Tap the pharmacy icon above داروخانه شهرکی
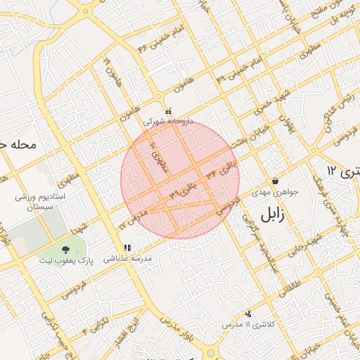(x=167, y=111)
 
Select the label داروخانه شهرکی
(x=167, y=121)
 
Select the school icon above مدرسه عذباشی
(x=128, y=248)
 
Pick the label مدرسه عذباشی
(x=128, y=259)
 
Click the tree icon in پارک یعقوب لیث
(x=65, y=250)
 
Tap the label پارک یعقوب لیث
(x=65, y=261)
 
